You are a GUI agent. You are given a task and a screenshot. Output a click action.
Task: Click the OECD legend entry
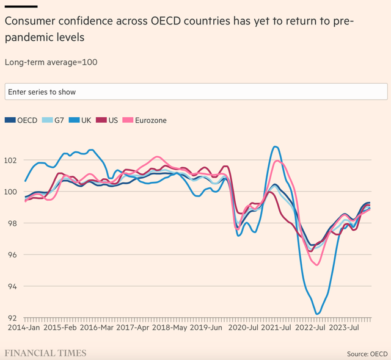click(x=23, y=120)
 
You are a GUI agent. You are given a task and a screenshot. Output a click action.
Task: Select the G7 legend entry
click(x=56, y=120)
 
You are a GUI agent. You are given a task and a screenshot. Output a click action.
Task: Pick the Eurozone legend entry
click(x=145, y=120)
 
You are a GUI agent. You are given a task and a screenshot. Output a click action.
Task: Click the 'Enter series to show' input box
click(x=195, y=92)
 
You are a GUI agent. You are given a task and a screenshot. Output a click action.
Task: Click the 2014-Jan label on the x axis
click(x=24, y=328)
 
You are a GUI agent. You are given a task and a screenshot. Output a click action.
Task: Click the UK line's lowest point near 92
click(x=317, y=314)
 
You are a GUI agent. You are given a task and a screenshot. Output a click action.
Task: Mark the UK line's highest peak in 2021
click(x=276, y=146)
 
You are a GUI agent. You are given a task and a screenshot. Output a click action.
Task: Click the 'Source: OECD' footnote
click(x=367, y=354)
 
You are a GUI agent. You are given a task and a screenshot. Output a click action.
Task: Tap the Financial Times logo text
click(x=46, y=353)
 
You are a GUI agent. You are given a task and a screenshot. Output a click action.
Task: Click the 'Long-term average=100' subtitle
click(x=51, y=62)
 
